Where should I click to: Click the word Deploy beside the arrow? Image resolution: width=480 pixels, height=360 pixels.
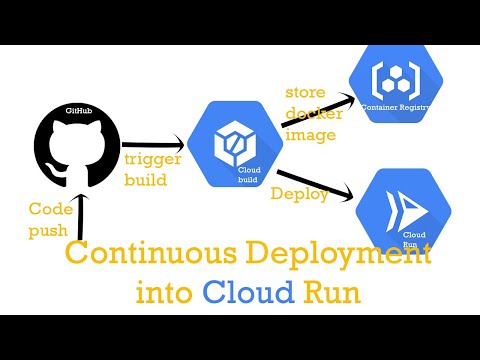pyautogui.click(x=299, y=195)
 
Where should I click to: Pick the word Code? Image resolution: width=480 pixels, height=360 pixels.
pyautogui.click(x=49, y=211)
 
